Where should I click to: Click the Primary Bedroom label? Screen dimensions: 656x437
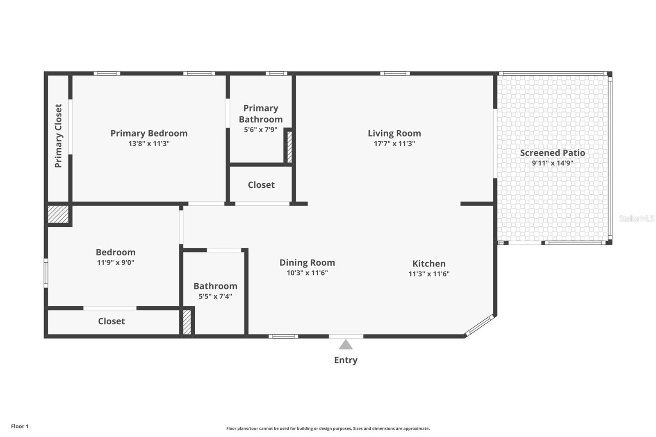click(x=149, y=133)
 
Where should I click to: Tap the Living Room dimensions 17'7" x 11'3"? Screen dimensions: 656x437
click(x=394, y=143)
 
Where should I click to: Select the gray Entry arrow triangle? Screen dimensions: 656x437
click(x=346, y=344)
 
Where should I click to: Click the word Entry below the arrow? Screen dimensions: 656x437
click(x=346, y=360)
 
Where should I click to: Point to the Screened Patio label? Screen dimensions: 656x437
click(x=552, y=152)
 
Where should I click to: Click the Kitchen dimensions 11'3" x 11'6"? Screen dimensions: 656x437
click(x=429, y=274)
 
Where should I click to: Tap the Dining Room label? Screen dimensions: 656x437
click(x=307, y=262)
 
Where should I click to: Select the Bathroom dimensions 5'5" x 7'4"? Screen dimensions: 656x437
click(x=215, y=296)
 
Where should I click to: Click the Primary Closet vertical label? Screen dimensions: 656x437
click(x=58, y=136)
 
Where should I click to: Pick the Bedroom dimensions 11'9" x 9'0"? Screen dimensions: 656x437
click(x=116, y=262)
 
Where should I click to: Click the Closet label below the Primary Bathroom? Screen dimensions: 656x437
click(x=261, y=185)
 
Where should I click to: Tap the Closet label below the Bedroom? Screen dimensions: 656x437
click(x=111, y=321)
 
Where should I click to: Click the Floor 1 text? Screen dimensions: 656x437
click(x=20, y=426)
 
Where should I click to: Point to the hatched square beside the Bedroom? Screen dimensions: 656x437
click(x=58, y=214)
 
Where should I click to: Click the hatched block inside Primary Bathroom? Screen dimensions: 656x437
click(x=289, y=147)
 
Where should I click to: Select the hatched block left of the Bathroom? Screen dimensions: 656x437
click(x=187, y=322)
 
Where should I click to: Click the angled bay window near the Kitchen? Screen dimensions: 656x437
click(x=479, y=325)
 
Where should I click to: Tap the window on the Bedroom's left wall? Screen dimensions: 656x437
click(x=46, y=273)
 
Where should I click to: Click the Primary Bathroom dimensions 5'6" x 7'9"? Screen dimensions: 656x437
click(x=261, y=130)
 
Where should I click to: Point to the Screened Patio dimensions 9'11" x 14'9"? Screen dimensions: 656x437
click(x=552, y=163)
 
